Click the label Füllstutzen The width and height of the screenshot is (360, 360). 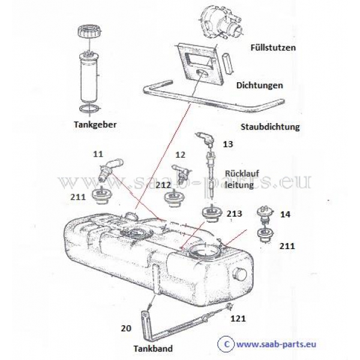click(273, 48)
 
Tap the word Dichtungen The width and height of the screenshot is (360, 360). click(260, 86)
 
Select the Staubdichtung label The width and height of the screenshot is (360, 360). click(270, 127)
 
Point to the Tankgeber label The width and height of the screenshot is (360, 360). click(95, 125)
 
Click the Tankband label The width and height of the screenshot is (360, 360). click(153, 349)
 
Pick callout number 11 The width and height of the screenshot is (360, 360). click(98, 154)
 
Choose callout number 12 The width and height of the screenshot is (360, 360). click(180, 155)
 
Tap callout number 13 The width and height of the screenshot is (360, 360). click(228, 144)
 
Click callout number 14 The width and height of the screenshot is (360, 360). click(285, 214)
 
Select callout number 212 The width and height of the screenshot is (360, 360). click(163, 185)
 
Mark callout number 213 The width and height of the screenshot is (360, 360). click(235, 214)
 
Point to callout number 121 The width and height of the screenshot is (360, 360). click(238, 319)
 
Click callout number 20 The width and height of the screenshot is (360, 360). click(126, 328)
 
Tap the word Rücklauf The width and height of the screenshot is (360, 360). click(242, 173)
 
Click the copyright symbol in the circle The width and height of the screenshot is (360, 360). click(226, 344)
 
